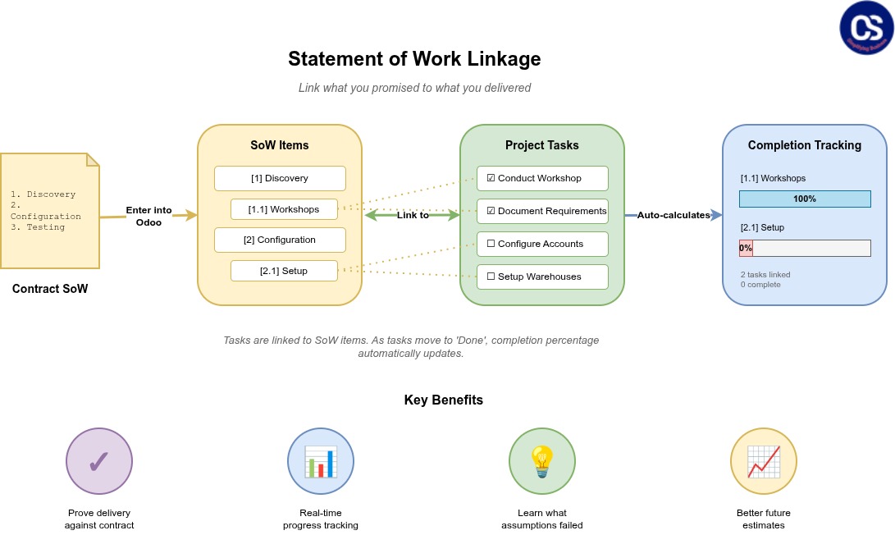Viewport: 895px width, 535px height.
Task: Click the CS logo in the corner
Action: [x=865, y=28]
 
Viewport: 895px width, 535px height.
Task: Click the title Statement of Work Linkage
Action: [x=414, y=59]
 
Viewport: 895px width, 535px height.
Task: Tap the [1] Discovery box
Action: [x=280, y=178]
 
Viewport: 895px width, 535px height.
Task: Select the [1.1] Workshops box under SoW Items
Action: [x=284, y=209]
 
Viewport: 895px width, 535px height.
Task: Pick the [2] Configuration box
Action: [x=280, y=240]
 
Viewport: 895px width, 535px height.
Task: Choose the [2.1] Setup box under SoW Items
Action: [x=284, y=271]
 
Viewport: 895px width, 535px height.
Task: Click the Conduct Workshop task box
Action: [x=542, y=178]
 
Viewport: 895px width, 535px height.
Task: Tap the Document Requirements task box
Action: [x=542, y=211]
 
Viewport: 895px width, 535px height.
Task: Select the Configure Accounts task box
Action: [x=542, y=244]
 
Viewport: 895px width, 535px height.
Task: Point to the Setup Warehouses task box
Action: [x=542, y=277]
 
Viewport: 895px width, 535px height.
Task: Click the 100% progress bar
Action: [x=804, y=199]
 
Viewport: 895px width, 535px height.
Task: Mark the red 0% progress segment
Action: [x=746, y=248]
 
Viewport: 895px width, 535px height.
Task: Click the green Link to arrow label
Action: [x=413, y=215]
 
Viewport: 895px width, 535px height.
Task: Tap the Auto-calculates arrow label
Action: [x=674, y=215]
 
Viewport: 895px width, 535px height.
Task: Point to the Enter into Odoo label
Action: [x=148, y=216]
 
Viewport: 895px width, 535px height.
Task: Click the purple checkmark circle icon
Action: [x=99, y=461]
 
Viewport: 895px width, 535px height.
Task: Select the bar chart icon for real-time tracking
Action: [x=321, y=461]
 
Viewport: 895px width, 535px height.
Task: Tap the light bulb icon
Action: [x=542, y=461]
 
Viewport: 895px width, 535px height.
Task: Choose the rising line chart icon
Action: [x=764, y=461]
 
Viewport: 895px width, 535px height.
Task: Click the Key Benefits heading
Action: [x=443, y=400]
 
